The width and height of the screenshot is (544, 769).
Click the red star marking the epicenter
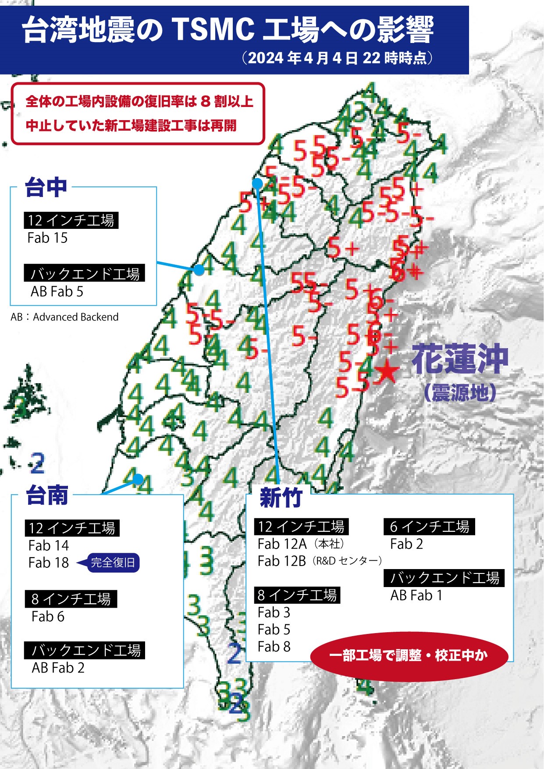(387, 372)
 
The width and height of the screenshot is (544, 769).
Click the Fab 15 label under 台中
(47, 238)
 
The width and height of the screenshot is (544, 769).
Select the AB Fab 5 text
(57, 292)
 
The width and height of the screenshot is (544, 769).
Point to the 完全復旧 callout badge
(113, 563)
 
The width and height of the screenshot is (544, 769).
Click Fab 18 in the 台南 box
(49, 563)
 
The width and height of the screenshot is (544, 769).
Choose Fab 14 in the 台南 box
(49, 545)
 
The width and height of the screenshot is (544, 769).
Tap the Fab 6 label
(48, 616)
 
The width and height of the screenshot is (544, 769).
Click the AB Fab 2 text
(58, 668)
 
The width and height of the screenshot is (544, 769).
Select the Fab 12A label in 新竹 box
(282, 544)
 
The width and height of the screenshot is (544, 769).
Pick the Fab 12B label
(281, 561)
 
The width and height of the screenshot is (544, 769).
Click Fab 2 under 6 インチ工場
(406, 544)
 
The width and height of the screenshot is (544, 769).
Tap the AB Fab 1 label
(416, 595)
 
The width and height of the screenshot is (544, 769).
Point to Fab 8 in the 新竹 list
(274, 647)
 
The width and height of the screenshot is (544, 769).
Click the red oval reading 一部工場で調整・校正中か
(409, 656)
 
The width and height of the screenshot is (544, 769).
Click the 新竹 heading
(281, 498)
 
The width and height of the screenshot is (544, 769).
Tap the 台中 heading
(46, 187)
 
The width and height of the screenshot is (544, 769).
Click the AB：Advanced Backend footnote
(64, 317)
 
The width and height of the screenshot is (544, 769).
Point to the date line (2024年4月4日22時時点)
(338, 58)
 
